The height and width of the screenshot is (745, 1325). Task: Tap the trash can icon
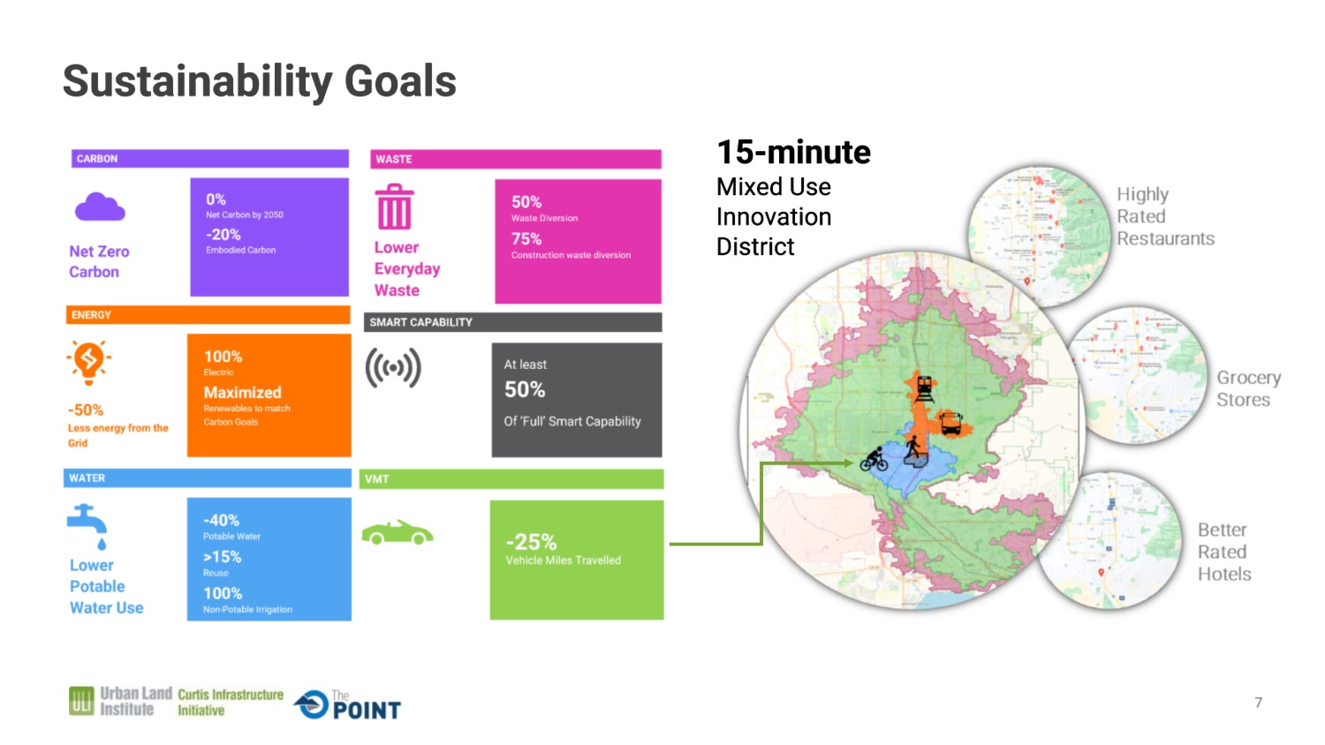(394, 207)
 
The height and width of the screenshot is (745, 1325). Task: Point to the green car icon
(397, 533)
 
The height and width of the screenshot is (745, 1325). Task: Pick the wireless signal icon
(393, 368)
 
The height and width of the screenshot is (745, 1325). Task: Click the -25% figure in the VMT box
(531, 541)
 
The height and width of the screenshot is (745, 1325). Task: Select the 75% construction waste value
(526, 239)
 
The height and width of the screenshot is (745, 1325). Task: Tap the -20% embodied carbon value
(223, 235)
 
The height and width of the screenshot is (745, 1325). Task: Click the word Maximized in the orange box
(243, 393)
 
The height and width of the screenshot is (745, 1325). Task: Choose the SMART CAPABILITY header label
(421, 322)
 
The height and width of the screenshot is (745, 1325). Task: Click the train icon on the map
(924, 388)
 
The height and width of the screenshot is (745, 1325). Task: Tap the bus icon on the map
(950, 424)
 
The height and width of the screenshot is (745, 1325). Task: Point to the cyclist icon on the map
(874, 459)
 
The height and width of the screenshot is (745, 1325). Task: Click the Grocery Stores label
(1248, 388)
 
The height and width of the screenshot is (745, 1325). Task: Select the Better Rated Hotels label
(1224, 552)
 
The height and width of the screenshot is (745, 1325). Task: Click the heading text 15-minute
(793, 153)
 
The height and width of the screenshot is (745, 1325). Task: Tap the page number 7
(1259, 703)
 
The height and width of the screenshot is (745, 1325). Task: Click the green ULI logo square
(81, 701)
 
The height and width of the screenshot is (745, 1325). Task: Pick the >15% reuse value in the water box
(223, 557)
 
